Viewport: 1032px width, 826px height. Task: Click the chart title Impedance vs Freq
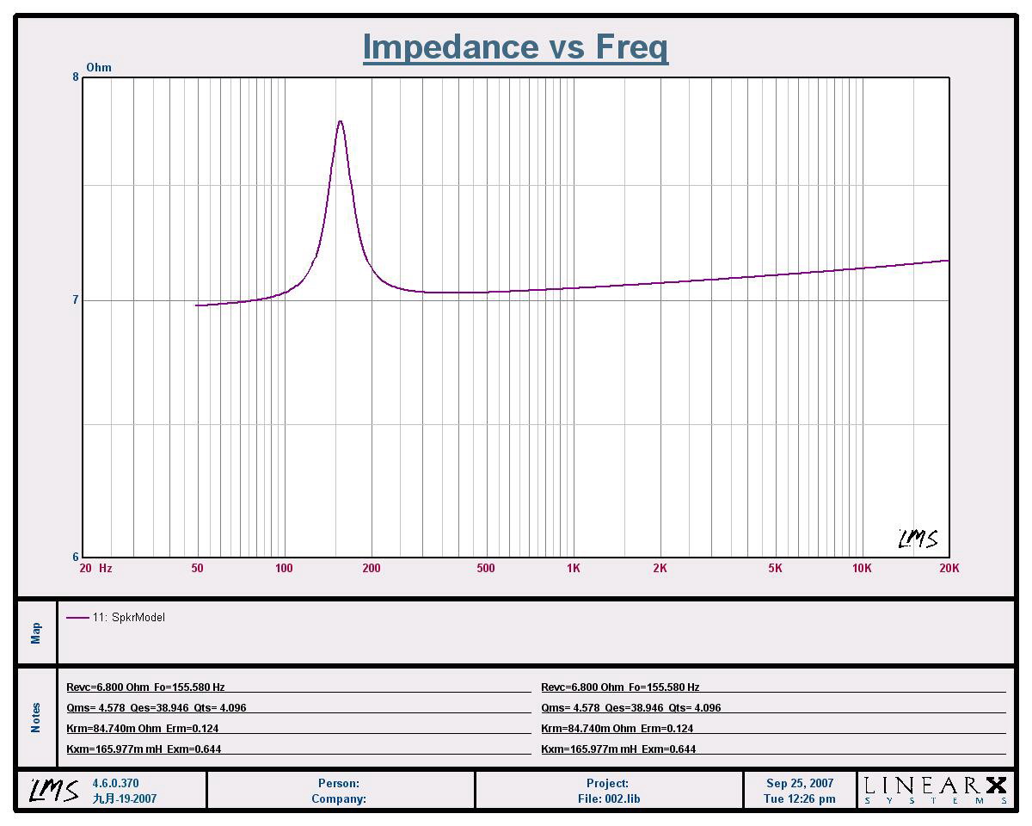tap(515, 46)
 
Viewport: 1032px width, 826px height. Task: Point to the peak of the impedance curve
tap(341, 121)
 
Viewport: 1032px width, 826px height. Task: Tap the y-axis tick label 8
tap(76, 77)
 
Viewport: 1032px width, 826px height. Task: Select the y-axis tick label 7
tap(76, 300)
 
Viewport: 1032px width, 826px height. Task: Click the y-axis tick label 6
tap(76, 557)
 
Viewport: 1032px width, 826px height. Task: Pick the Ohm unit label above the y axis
tap(99, 67)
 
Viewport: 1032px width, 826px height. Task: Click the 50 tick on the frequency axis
tap(197, 568)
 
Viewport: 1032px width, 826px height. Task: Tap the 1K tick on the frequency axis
tap(573, 568)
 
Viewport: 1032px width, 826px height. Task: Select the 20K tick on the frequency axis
tap(949, 568)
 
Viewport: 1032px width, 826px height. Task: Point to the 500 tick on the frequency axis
tap(486, 568)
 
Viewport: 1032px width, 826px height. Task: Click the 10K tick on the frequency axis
tap(862, 568)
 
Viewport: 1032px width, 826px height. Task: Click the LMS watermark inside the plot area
tap(918, 539)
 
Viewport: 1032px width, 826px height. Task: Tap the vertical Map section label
tap(36, 633)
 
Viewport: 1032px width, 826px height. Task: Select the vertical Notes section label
tap(36, 718)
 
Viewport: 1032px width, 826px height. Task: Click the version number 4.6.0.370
tap(115, 784)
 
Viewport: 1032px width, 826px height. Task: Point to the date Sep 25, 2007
tap(800, 784)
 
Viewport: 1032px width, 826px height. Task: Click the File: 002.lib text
tap(609, 798)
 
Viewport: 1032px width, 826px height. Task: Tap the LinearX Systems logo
tap(935, 790)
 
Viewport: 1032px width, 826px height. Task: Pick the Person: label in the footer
tap(339, 784)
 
